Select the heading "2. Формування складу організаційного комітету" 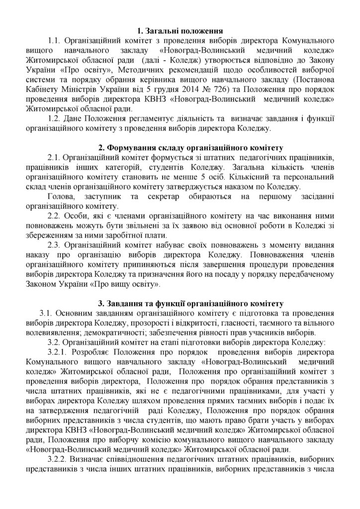coord(190,148)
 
